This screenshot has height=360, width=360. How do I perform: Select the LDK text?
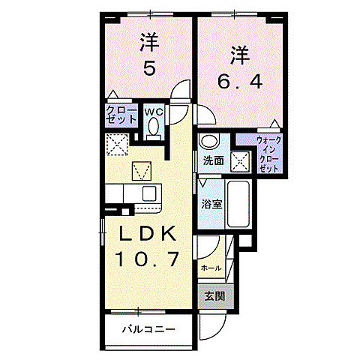coord(147,235)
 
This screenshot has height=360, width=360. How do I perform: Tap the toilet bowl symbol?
coord(154,128)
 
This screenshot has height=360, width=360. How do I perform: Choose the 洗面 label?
coord(213,160)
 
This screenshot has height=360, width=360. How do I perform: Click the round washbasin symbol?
coord(209,142)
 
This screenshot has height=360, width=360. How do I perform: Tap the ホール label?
coord(211,267)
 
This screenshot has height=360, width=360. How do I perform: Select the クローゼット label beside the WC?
coord(120,117)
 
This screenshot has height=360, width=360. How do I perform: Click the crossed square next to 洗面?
coord(241,160)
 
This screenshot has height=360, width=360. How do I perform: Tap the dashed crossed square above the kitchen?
coord(116,143)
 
